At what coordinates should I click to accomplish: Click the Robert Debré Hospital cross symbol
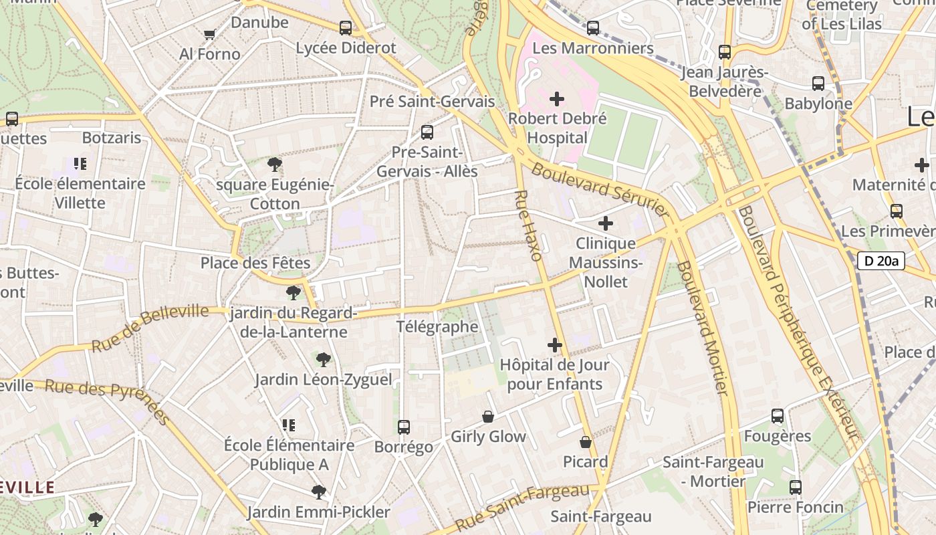(556, 100)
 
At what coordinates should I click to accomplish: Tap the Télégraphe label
(437, 327)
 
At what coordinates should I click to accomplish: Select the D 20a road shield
(881, 261)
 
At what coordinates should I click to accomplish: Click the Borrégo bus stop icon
(403, 427)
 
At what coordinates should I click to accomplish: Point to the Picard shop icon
(586, 442)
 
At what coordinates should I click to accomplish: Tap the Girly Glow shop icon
(488, 417)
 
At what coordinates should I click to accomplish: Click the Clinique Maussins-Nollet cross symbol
(605, 223)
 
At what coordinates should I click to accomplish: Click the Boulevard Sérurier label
(600, 189)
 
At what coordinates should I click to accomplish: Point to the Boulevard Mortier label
(702, 328)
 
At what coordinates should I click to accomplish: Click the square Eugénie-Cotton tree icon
(274, 165)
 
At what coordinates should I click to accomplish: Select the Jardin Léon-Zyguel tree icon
(323, 360)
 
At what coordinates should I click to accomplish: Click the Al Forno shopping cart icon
(209, 34)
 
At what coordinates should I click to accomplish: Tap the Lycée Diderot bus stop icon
(346, 28)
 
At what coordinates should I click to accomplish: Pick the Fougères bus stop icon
(777, 416)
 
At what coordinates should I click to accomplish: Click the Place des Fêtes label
(255, 263)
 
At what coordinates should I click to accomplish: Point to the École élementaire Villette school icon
(80, 164)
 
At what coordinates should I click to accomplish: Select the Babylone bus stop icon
(818, 84)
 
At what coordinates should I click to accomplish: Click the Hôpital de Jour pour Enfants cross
(555, 345)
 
